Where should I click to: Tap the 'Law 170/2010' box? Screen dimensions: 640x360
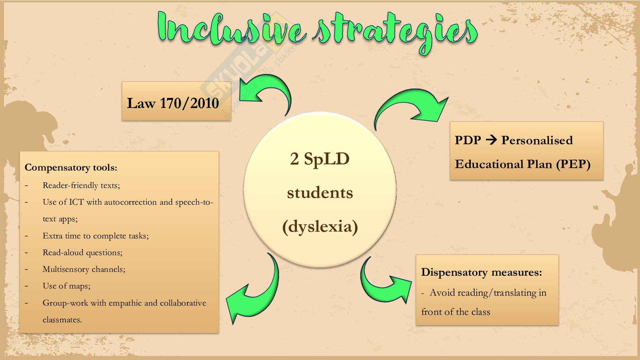(176, 101)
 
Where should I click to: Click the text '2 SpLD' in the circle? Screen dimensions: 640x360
(320, 158)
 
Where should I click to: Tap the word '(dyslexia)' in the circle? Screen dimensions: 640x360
(320, 227)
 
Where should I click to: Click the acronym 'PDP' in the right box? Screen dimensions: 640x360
(468, 140)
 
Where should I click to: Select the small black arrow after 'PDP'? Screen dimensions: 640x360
(491, 140)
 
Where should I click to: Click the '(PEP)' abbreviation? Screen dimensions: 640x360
(574, 164)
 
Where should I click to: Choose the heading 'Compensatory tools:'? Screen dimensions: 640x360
(71, 167)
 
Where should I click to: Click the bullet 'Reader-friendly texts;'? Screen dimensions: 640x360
(81, 185)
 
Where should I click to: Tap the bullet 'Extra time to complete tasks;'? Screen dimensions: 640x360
(96, 236)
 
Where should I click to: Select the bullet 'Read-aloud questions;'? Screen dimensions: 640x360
(82, 252)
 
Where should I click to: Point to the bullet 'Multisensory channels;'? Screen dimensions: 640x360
(84, 269)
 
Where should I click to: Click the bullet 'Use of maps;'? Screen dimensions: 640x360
(66, 286)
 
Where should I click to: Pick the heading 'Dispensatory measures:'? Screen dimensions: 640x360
(482, 272)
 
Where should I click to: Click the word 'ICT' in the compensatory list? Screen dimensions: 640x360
(76, 202)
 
